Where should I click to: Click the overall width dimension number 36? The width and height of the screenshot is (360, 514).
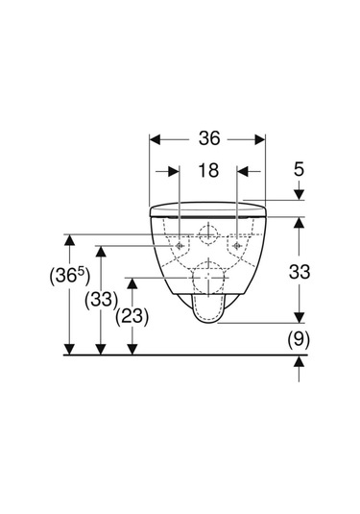point(209,138)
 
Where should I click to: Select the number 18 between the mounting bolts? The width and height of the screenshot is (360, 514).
point(208,170)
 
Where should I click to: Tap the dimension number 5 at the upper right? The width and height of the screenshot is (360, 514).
point(299,169)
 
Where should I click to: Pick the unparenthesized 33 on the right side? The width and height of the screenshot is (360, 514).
point(299,272)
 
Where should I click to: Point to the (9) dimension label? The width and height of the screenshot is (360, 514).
point(299,340)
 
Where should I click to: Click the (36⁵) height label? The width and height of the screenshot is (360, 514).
point(69,276)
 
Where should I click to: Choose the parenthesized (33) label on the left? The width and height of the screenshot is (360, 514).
point(101,300)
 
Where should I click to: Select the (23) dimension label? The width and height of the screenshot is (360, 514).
point(132,317)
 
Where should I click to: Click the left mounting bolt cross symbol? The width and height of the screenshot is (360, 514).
point(180,246)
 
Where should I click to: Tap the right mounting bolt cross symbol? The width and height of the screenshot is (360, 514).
point(237,246)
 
